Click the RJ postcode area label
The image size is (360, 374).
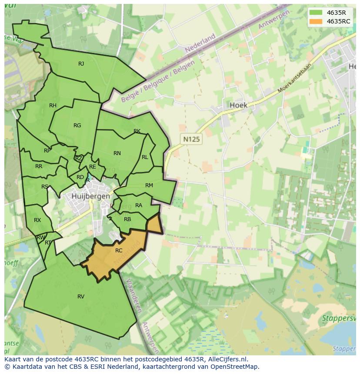(x=81, y=64)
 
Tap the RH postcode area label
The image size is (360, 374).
(x=53, y=106)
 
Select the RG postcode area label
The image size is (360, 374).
(x=77, y=126)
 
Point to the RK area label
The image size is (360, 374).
(x=137, y=131)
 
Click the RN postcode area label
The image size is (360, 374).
(x=117, y=153)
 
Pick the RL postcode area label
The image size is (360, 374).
(x=145, y=157)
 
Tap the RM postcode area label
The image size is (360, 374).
(x=149, y=185)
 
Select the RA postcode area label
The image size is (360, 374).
(x=139, y=205)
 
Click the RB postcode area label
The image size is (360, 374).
(x=127, y=219)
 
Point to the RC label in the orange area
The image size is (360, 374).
(x=119, y=251)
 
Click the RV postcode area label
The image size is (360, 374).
(x=81, y=297)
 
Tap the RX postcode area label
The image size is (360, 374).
(x=37, y=220)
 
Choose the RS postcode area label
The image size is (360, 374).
(x=45, y=187)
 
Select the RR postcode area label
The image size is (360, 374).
(x=39, y=166)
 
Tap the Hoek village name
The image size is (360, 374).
(x=238, y=105)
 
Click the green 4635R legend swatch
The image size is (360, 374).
(x=316, y=13)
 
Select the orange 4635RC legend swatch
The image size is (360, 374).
(x=316, y=21)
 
